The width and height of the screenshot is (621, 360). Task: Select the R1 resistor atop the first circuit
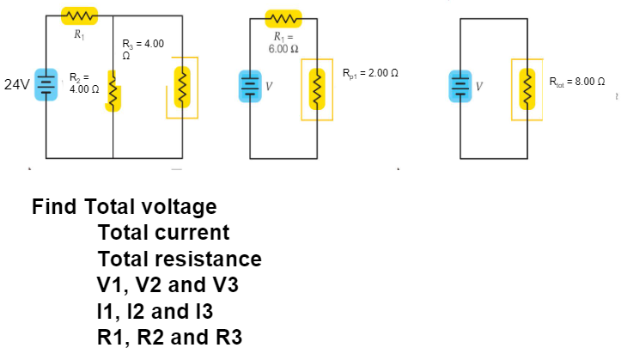(x=79, y=16)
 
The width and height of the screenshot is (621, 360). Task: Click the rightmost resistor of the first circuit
(x=182, y=87)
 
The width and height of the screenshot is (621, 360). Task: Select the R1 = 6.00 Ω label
(x=283, y=43)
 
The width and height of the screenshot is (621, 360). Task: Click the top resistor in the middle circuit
(x=283, y=17)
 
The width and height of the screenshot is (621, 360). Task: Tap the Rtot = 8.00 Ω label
(x=578, y=82)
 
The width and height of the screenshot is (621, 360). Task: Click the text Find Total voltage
(x=125, y=207)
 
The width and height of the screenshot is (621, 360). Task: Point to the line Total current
(x=163, y=233)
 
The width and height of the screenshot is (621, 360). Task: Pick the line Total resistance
(x=180, y=259)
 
